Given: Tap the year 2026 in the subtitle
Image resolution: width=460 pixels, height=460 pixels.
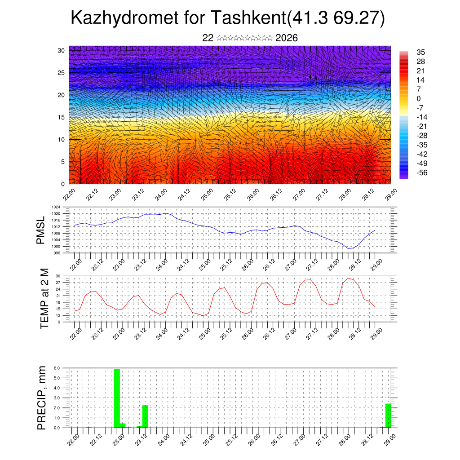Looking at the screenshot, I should coord(287,38).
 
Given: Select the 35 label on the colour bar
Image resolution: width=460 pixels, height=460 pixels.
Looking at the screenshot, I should coord(421,53).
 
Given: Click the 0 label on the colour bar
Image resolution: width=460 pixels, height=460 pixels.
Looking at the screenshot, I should coord(419,98).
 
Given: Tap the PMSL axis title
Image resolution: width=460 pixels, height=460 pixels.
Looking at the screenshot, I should coord(40,230).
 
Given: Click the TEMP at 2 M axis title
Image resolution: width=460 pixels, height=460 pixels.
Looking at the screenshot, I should coord(44,299).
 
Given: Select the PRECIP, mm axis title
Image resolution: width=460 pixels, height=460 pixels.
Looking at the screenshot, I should coord(41,398).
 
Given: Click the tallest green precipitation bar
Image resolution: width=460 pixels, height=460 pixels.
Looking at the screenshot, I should coord(117,398).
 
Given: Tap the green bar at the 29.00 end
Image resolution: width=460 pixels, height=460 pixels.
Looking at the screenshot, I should coord(388,416).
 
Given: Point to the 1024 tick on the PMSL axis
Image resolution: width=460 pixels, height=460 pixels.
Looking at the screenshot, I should coord(57,208).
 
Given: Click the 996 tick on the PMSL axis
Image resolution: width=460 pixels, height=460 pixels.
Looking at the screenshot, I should coord(57,253).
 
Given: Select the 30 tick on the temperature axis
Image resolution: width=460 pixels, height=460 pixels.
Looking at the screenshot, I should coord(58,276).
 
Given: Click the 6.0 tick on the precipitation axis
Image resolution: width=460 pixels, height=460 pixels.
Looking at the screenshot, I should coord(57,368).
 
